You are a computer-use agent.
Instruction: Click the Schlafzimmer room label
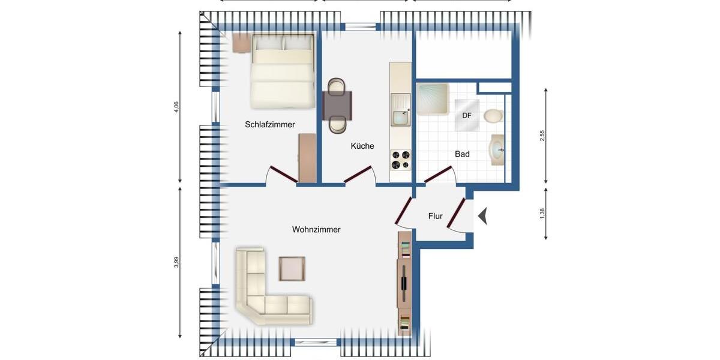[x=270, y=125]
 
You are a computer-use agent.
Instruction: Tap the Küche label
[x=362, y=146]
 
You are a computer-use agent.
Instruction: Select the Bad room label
[x=462, y=154]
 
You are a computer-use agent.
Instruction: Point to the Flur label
[x=436, y=216]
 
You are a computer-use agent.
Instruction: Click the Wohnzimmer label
[x=316, y=230]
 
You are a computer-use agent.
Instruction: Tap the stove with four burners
[x=400, y=160]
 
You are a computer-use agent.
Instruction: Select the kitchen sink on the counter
[x=399, y=115]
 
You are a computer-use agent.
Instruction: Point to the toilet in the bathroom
[x=493, y=116]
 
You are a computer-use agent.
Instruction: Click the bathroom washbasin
[x=497, y=149]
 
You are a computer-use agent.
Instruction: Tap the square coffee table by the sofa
[x=292, y=268]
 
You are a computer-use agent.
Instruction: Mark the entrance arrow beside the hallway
[x=482, y=215]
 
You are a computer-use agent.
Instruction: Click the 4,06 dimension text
[x=176, y=107]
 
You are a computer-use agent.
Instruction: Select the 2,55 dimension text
[x=542, y=136]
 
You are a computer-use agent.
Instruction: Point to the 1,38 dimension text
[x=542, y=213]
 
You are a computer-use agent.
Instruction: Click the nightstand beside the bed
[x=242, y=43]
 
